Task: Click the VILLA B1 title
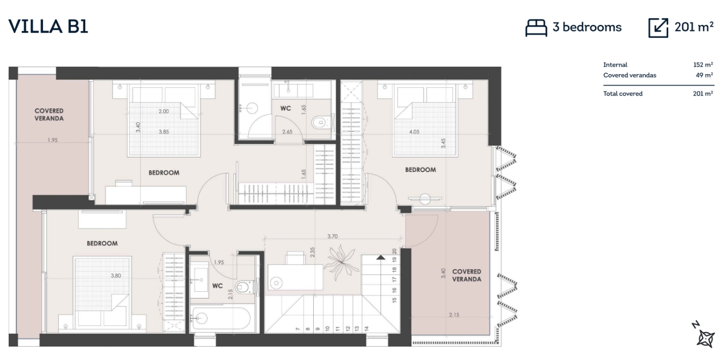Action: pos(48,26)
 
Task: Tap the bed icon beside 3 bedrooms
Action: pos(536,28)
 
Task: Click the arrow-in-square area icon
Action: pos(658,28)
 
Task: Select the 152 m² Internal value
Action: pos(703,65)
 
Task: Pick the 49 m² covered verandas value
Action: pos(704,75)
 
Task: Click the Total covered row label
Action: pos(623,93)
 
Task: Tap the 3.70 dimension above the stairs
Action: pos(332,237)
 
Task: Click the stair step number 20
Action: pos(394,251)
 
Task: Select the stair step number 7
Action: pos(298,329)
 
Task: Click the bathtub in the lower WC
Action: pos(221,318)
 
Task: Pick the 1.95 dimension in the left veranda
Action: pos(53,140)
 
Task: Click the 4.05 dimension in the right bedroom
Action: pos(415,132)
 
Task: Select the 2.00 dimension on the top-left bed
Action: pos(163,112)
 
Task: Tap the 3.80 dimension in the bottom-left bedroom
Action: pos(116,276)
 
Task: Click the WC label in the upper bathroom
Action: pos(285,108)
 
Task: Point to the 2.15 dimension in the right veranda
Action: pos(454,315)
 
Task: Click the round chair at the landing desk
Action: pos(276,283)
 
